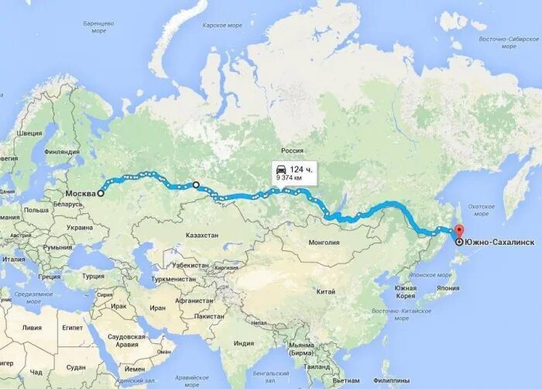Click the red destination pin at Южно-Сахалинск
click(x=458, y=232)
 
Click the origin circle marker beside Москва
click(x=101, y=194)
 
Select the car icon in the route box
click(x=280, y=169)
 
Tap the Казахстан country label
click(x=202, y=235)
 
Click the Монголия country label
click(x=324, y=243)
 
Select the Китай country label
click(x=326, y=292)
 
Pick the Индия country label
click(x=244, y=343)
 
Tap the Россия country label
click(x=292, y=151)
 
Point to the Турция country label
click(x=94, y=276)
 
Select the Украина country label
click(x=80, y=228)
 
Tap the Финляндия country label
click(x=63, y=152)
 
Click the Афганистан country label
click(x=194, y=300)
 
